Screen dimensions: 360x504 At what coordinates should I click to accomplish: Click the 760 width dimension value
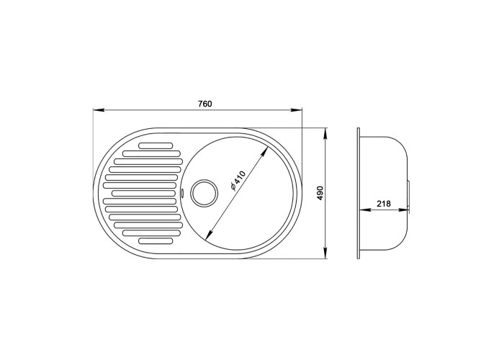tap(204, 104)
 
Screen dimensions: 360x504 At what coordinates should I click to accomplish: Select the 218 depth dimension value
tap(383, 204)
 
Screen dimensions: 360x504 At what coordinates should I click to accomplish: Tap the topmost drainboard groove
tap(156, 145)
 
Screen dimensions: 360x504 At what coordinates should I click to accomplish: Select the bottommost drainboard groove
tap(156, 240)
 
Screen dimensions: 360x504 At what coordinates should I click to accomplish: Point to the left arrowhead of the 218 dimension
tap(363, 210)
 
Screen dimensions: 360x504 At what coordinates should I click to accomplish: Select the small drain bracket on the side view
tap(410, 193)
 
